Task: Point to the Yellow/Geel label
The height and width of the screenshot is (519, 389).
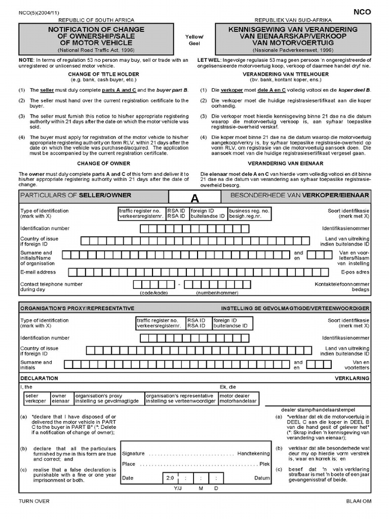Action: [194, 41]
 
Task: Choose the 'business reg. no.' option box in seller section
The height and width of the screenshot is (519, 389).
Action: [249, 213]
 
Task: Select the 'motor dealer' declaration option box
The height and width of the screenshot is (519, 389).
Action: [239, 398]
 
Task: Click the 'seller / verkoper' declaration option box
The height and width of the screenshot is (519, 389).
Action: [35, 398]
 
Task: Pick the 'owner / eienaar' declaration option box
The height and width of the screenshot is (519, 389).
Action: [61, 398]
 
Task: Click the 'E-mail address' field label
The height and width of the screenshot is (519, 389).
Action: [38, 272]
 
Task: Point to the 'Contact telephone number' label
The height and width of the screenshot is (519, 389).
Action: [51, 284]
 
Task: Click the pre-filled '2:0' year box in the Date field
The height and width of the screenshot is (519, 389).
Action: [170, 478]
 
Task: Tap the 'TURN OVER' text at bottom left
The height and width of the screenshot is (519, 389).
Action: [34, 501]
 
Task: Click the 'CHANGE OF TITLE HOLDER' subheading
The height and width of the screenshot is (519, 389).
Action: [103, 74]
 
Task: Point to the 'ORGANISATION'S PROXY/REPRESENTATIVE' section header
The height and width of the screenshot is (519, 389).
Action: [77, 308]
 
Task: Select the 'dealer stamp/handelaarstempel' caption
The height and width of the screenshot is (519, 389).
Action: [318, 410]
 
